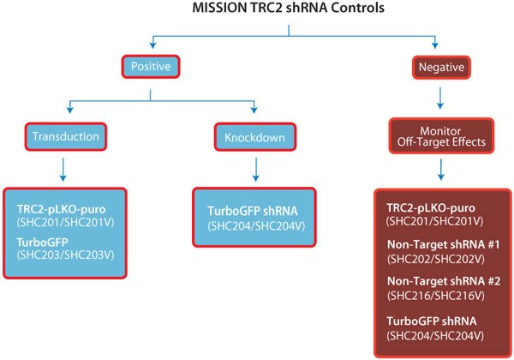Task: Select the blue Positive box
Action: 152,65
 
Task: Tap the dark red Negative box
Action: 439,65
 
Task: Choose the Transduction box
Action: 65,136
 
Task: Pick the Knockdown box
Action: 254,136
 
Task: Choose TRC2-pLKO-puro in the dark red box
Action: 429,208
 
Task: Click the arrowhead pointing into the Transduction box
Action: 65,112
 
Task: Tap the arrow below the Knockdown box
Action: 254,170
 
